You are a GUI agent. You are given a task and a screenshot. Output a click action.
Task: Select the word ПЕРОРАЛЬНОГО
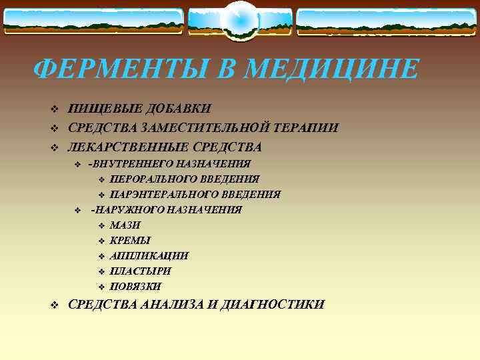coord(151,179)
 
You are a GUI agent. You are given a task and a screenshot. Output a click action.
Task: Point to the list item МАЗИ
coord(125,225)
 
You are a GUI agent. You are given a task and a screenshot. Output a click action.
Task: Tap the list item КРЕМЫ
coord(130,241)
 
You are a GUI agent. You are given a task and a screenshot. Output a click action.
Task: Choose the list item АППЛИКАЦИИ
coord(149,256)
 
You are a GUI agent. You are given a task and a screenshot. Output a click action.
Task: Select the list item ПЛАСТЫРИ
coord(141,271)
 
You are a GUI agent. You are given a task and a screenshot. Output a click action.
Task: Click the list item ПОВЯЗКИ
coord(135,287)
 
